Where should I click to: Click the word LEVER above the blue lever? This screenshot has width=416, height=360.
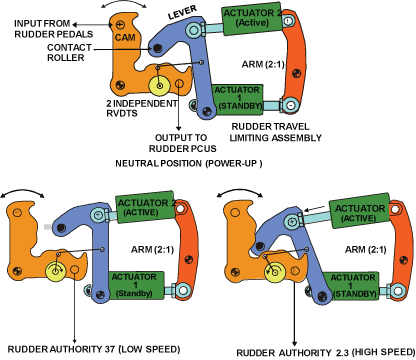click(x=182, y=12)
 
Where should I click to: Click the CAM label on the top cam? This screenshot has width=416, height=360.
click(x=125, y=37)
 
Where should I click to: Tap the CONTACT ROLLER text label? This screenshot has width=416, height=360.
click(x=69, y=53)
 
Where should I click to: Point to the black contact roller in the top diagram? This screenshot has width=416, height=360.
click(x=157, y=49)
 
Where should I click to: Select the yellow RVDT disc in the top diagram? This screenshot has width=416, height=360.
click(x=159, y=86)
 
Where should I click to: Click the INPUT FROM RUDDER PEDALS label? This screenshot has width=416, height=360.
click(x=54, y=29)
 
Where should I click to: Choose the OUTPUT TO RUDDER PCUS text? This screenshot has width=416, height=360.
click(x=182, y=143)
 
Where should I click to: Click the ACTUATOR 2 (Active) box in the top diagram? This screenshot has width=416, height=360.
click(x=252, y=19)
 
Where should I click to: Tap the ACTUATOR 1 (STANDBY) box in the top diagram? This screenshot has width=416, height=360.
click(x=238, y=99)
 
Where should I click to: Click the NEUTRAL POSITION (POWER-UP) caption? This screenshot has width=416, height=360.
click(x=189, y=164)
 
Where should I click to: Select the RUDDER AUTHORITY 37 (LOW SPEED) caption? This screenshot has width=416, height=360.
click(x=94, y=349)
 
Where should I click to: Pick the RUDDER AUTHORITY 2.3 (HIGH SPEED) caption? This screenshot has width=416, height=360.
click(x=326, y=352)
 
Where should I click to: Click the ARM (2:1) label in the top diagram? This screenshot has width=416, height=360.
click(x=263, y=64)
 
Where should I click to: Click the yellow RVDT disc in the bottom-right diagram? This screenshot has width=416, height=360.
click(x=275, y=272)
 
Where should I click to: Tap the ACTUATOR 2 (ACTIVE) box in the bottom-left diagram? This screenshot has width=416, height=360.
click(x=145, y=207)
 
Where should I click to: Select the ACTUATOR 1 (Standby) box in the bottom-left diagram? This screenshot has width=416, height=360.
click(x=136, y=285)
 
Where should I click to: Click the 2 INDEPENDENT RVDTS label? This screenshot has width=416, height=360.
click(x=142, y=108)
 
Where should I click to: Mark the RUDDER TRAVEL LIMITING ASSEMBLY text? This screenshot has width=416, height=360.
click(x=275, y=132)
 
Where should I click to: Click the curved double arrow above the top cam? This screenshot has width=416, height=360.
click(x=124, y=2)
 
